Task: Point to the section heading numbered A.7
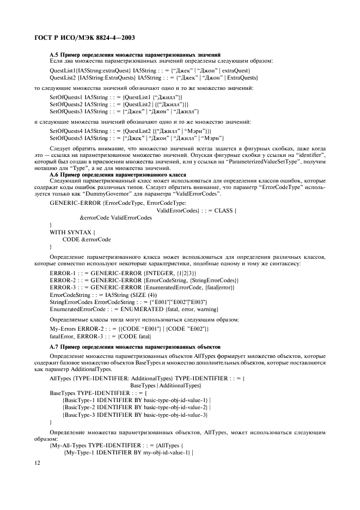point(135,345)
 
